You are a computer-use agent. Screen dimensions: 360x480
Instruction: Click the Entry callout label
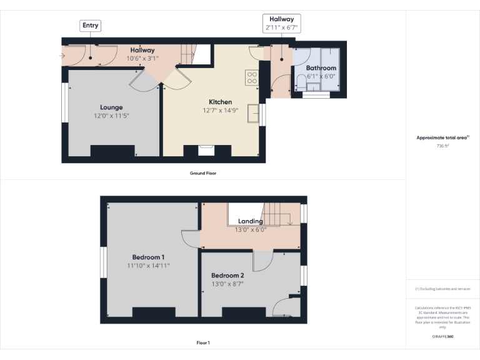(x=90, y=26)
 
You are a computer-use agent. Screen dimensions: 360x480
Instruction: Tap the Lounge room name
(x=111, y=107)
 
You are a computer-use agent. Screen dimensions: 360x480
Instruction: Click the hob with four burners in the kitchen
(x=252, y=77)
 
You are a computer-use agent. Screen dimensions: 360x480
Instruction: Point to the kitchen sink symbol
(x=253, y=114)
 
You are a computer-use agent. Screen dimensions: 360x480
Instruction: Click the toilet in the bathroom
(x=301, y=81)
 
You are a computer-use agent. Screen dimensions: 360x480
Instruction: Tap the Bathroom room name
(x=321, y=68)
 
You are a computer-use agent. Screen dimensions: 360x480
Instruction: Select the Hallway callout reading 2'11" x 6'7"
(x=282, y=24)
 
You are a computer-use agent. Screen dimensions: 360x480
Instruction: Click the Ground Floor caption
(x=203, y=173)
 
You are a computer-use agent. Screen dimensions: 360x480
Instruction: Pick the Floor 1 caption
(x=203, y=342)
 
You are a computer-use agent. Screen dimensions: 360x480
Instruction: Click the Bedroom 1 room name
(x=148, y=257)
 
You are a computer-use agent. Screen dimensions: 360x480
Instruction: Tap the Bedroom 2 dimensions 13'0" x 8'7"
(x=227, y=284)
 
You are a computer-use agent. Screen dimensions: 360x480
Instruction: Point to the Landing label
(x=250, y=221)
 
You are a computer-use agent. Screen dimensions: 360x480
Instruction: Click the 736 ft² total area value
(x=442, y=145)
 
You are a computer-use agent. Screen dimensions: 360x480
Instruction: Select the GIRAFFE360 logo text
(x=442, y=336)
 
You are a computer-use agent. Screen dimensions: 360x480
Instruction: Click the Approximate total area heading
(x=442, y=137)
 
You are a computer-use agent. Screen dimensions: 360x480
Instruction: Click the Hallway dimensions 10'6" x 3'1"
(x=142, y=58)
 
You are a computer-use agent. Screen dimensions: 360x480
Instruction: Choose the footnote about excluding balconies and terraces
(x=442, y=289)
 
